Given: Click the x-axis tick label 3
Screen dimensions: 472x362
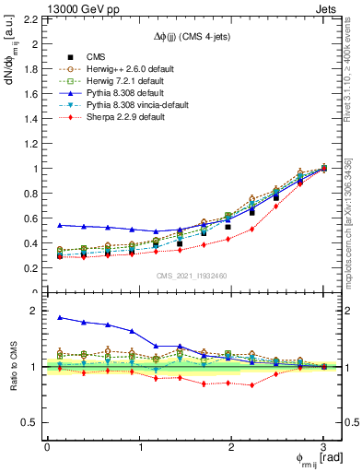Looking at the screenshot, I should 323,446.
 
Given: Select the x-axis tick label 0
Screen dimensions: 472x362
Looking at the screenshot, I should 47,446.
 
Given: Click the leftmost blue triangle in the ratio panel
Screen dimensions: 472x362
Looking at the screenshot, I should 61,317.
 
